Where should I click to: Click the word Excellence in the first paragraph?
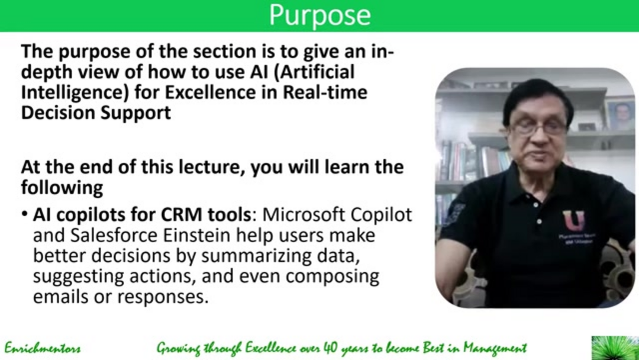[x=218, y=93]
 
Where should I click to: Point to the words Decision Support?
[x=96, y=112]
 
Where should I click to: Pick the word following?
[x=62, y=188]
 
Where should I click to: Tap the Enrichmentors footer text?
[x=43, y=348]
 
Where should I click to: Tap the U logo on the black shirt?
[x=573, y=221]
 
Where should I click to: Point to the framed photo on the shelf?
[x=619, y=114]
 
